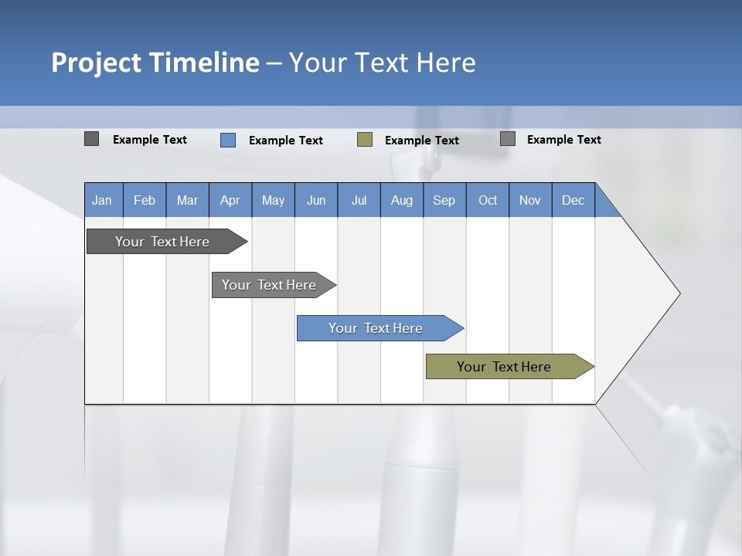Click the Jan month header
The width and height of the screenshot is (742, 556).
coord(103,200)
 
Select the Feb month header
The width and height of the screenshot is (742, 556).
coord(145,200)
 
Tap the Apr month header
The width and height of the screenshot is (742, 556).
coord(230,200)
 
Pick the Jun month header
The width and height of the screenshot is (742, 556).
coord(316,200)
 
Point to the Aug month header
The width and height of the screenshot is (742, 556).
coord(402,200)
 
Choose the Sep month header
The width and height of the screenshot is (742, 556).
coord(444,200)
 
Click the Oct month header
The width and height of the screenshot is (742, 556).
coord(488,200)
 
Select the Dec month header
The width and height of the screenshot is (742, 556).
coord(574,200)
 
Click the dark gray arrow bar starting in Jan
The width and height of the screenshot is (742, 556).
coord(162,242)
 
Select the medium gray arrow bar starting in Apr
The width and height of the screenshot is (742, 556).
coord(269,285)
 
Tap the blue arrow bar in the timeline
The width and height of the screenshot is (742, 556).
coord(376,328)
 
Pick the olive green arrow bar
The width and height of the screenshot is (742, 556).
coord(504,367)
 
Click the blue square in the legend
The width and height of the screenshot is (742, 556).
coord(228,140)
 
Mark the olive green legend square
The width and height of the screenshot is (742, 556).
coord(365,140)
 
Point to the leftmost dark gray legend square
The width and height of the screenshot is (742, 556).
coord(91,139)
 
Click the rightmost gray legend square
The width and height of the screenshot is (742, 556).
coord(508,139)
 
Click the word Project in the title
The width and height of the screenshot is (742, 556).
coord(97,63)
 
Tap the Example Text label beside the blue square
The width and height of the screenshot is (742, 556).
coord(286,141)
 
